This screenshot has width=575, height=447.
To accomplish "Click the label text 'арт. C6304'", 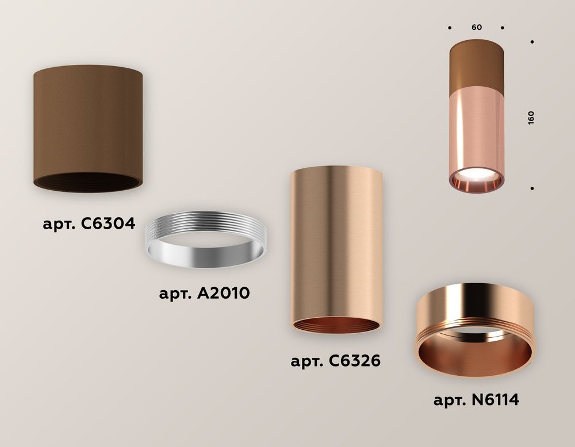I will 89,223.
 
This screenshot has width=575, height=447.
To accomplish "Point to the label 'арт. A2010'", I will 204,294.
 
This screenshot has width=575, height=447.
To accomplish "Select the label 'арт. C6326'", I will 336,361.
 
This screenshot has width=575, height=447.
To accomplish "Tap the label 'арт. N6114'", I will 477,399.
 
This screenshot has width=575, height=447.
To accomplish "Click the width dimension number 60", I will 476,27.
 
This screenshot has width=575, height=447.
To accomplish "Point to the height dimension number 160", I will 531,117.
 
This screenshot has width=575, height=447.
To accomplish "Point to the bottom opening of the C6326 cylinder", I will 336,325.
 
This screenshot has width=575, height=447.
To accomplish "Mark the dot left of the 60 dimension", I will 449,27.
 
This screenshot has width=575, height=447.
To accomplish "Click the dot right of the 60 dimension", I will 503,27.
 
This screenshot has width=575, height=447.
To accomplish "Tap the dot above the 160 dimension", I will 533,42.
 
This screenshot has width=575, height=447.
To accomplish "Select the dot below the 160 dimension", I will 533,188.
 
